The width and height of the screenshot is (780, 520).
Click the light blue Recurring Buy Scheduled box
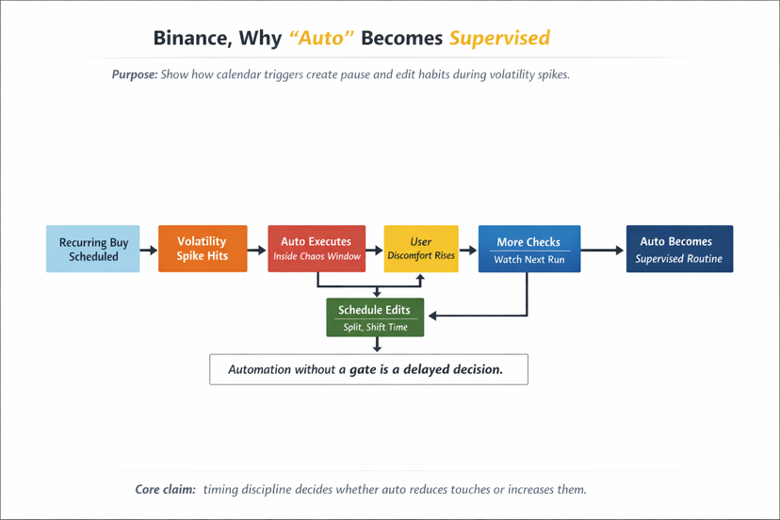coord(93,249)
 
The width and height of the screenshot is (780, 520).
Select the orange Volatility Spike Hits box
coord(203,249)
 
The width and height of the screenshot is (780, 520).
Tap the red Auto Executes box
coord(317,249)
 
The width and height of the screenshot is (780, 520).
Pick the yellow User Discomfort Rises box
coord(421,249)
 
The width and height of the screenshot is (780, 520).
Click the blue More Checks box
coord(529,249)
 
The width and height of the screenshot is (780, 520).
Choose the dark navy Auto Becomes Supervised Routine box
coord(679,249)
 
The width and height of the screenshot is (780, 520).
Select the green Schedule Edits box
coord(375,317)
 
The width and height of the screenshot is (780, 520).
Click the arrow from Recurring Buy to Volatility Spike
coord(149,250)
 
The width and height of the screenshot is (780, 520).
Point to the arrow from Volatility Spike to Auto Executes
coord(257,250)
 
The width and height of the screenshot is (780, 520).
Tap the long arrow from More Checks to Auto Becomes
coord(602,250)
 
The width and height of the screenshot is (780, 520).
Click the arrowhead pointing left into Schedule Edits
coord(432,316)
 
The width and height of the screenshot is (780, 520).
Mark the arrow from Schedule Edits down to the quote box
coord(377,345)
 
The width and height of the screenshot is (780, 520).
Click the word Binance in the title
coord(192,39)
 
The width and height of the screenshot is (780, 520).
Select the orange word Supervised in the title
coord(500,39)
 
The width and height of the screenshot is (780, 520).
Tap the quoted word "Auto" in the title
coord(321,39)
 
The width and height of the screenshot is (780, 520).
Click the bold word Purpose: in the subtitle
coord(135,74)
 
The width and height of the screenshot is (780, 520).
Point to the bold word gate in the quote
coord(363,369)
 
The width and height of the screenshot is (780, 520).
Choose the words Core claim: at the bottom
coord(165,490)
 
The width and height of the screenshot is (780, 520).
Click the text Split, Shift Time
coord(376,327)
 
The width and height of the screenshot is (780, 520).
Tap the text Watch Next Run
coord(529,259)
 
